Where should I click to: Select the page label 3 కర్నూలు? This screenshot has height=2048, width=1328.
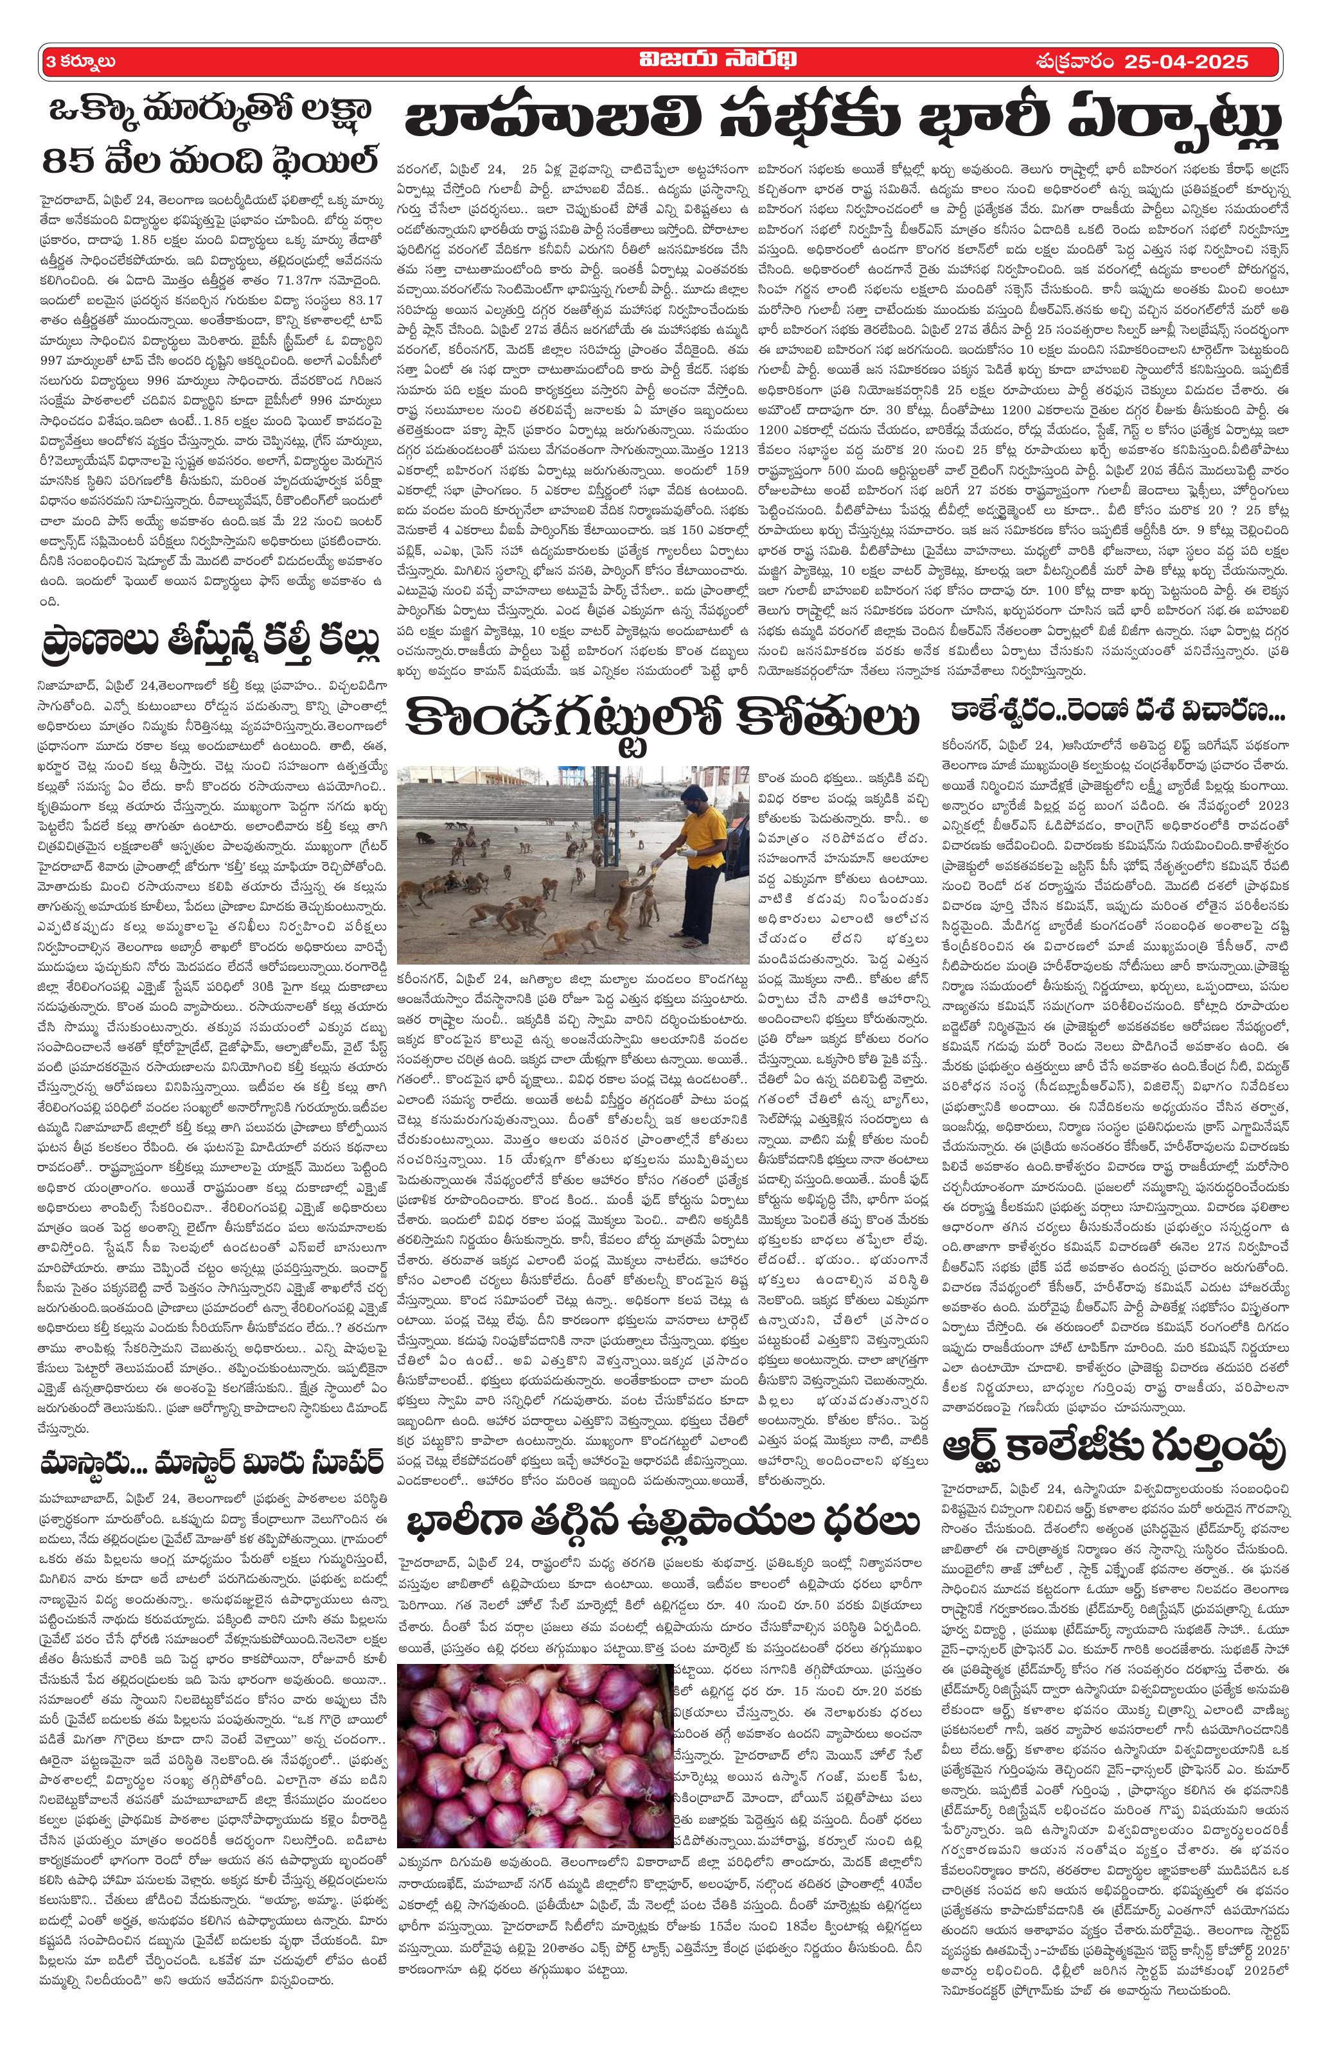82,61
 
